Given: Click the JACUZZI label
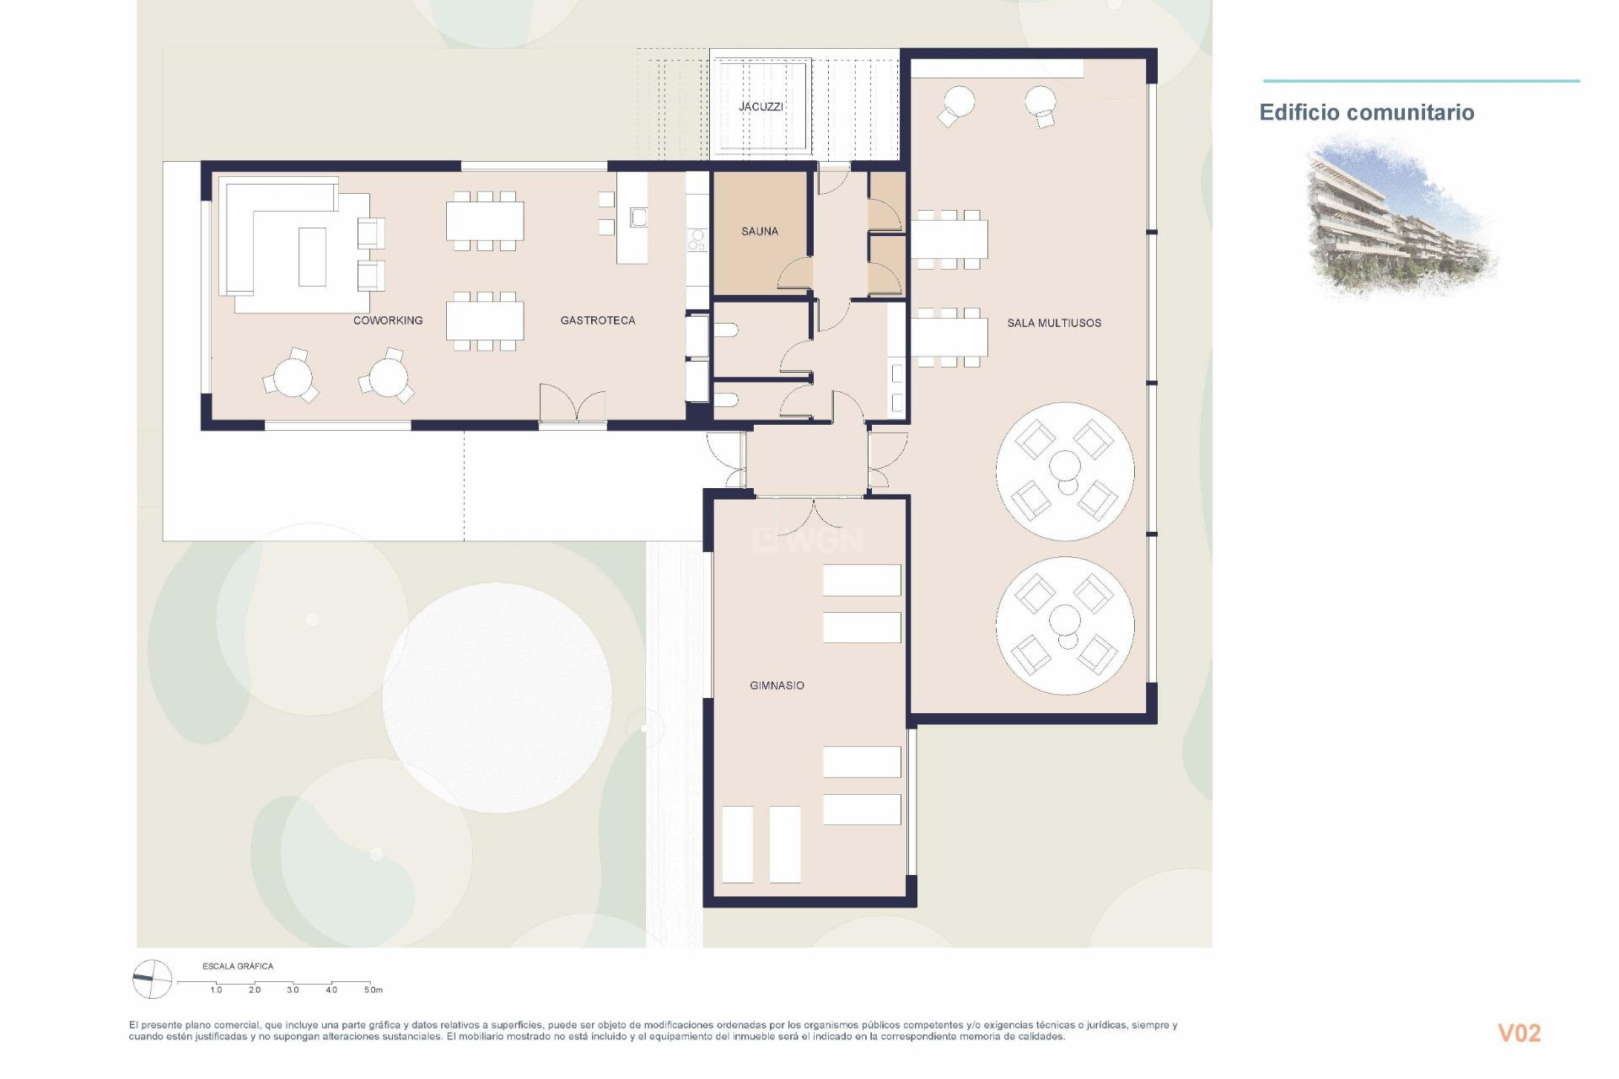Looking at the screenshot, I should (761, 107).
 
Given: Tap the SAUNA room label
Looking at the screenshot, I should (759, 231).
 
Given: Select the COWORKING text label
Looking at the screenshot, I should (388, 320).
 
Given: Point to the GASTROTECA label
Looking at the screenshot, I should (598, 320).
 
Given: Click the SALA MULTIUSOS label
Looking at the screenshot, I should (1054, 323).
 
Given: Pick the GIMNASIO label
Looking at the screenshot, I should (777, 685).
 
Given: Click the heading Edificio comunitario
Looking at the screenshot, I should (1366, 113).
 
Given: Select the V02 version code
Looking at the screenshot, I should (1519, 1033).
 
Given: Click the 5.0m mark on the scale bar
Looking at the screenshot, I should (373, 990).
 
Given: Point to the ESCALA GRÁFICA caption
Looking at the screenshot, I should (238, 966).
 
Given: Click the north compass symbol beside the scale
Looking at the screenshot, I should (153, 979).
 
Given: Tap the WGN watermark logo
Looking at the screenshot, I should (807, 540).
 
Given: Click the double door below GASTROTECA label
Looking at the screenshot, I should (573, 406).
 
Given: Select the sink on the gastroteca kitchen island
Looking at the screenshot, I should (638, 218).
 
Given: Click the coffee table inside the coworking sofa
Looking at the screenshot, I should (312, 256).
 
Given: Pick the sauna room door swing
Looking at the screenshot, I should (796, 275).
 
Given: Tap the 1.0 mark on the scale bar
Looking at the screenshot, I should (216, 990).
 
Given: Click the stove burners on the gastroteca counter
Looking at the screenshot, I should (697, 240).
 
